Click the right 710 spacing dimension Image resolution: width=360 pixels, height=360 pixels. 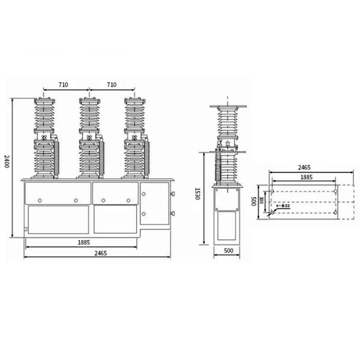111,86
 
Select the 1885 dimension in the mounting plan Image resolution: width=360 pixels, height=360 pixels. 306,178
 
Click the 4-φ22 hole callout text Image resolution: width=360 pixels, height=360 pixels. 283,206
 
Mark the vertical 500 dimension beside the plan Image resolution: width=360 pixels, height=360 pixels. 254,200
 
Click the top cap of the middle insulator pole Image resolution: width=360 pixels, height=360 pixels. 89,98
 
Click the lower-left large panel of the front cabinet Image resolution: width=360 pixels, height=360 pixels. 58,219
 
